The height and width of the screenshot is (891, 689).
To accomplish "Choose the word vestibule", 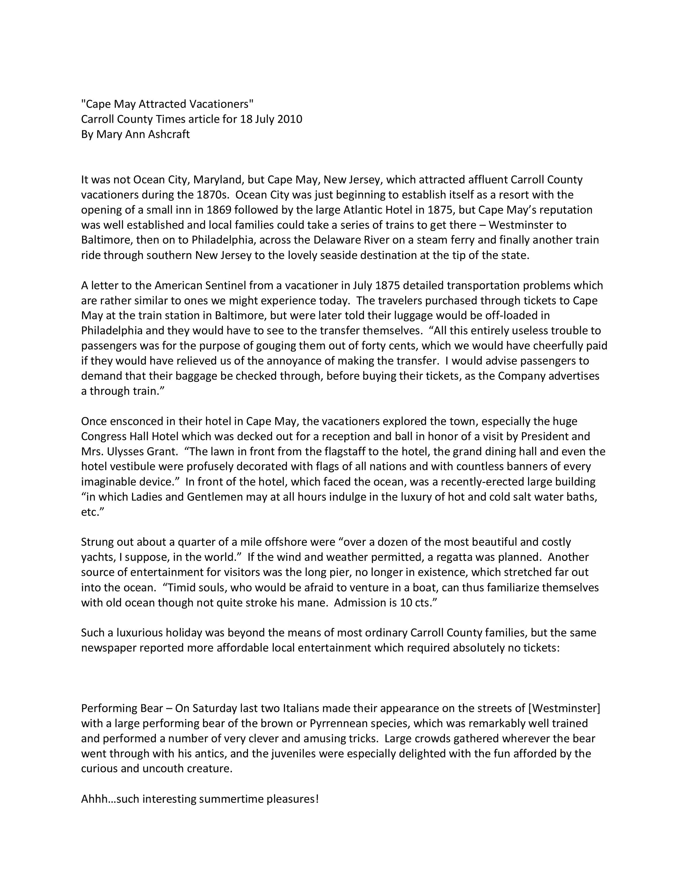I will pyautogui.click(x=131, y=467).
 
